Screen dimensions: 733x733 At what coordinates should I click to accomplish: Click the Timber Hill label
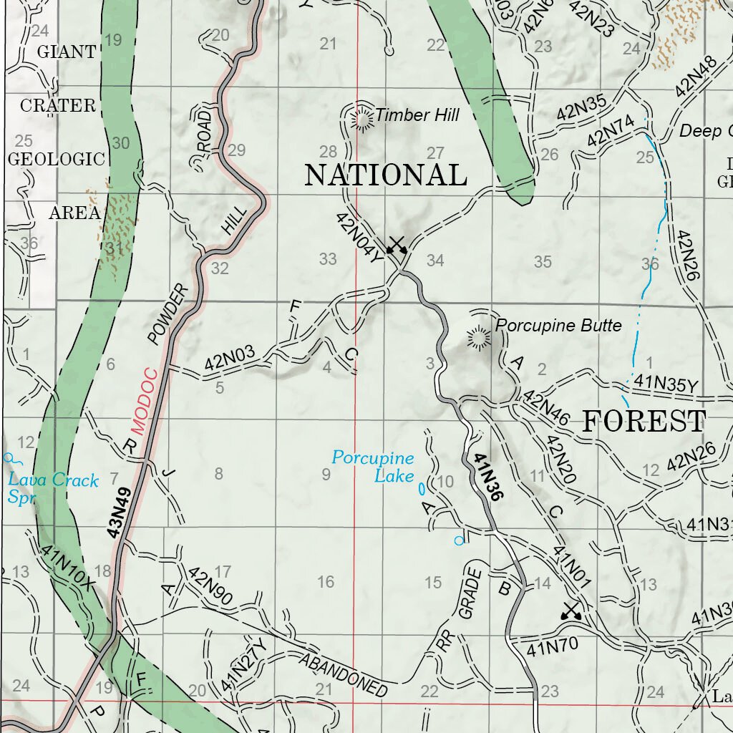(x=417, y=115)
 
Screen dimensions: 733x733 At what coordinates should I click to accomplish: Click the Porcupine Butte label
(x=558, y=326)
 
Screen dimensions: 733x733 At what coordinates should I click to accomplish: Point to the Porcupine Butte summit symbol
(x=476, y=336)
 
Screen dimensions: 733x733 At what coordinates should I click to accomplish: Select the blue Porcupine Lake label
(x=373, y=466)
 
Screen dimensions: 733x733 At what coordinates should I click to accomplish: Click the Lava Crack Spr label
(x=52, y=487)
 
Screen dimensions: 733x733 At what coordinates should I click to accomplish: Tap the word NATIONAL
(x=386, y=175)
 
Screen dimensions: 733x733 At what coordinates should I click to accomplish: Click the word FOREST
(x=644, y=421)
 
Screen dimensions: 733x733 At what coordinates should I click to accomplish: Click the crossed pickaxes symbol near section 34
(x=396, y=245)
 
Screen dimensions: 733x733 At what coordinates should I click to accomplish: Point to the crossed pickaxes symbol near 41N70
(x=571, y=611)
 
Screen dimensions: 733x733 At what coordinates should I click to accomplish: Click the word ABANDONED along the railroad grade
(x=344, y=676)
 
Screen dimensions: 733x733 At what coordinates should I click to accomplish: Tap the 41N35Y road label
(x=666, y=386)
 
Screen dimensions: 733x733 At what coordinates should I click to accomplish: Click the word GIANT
(x=66, y=52)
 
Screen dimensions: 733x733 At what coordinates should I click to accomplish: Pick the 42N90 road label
(x=210, y=587)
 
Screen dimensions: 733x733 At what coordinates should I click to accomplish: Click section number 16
(x=326, y=582)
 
